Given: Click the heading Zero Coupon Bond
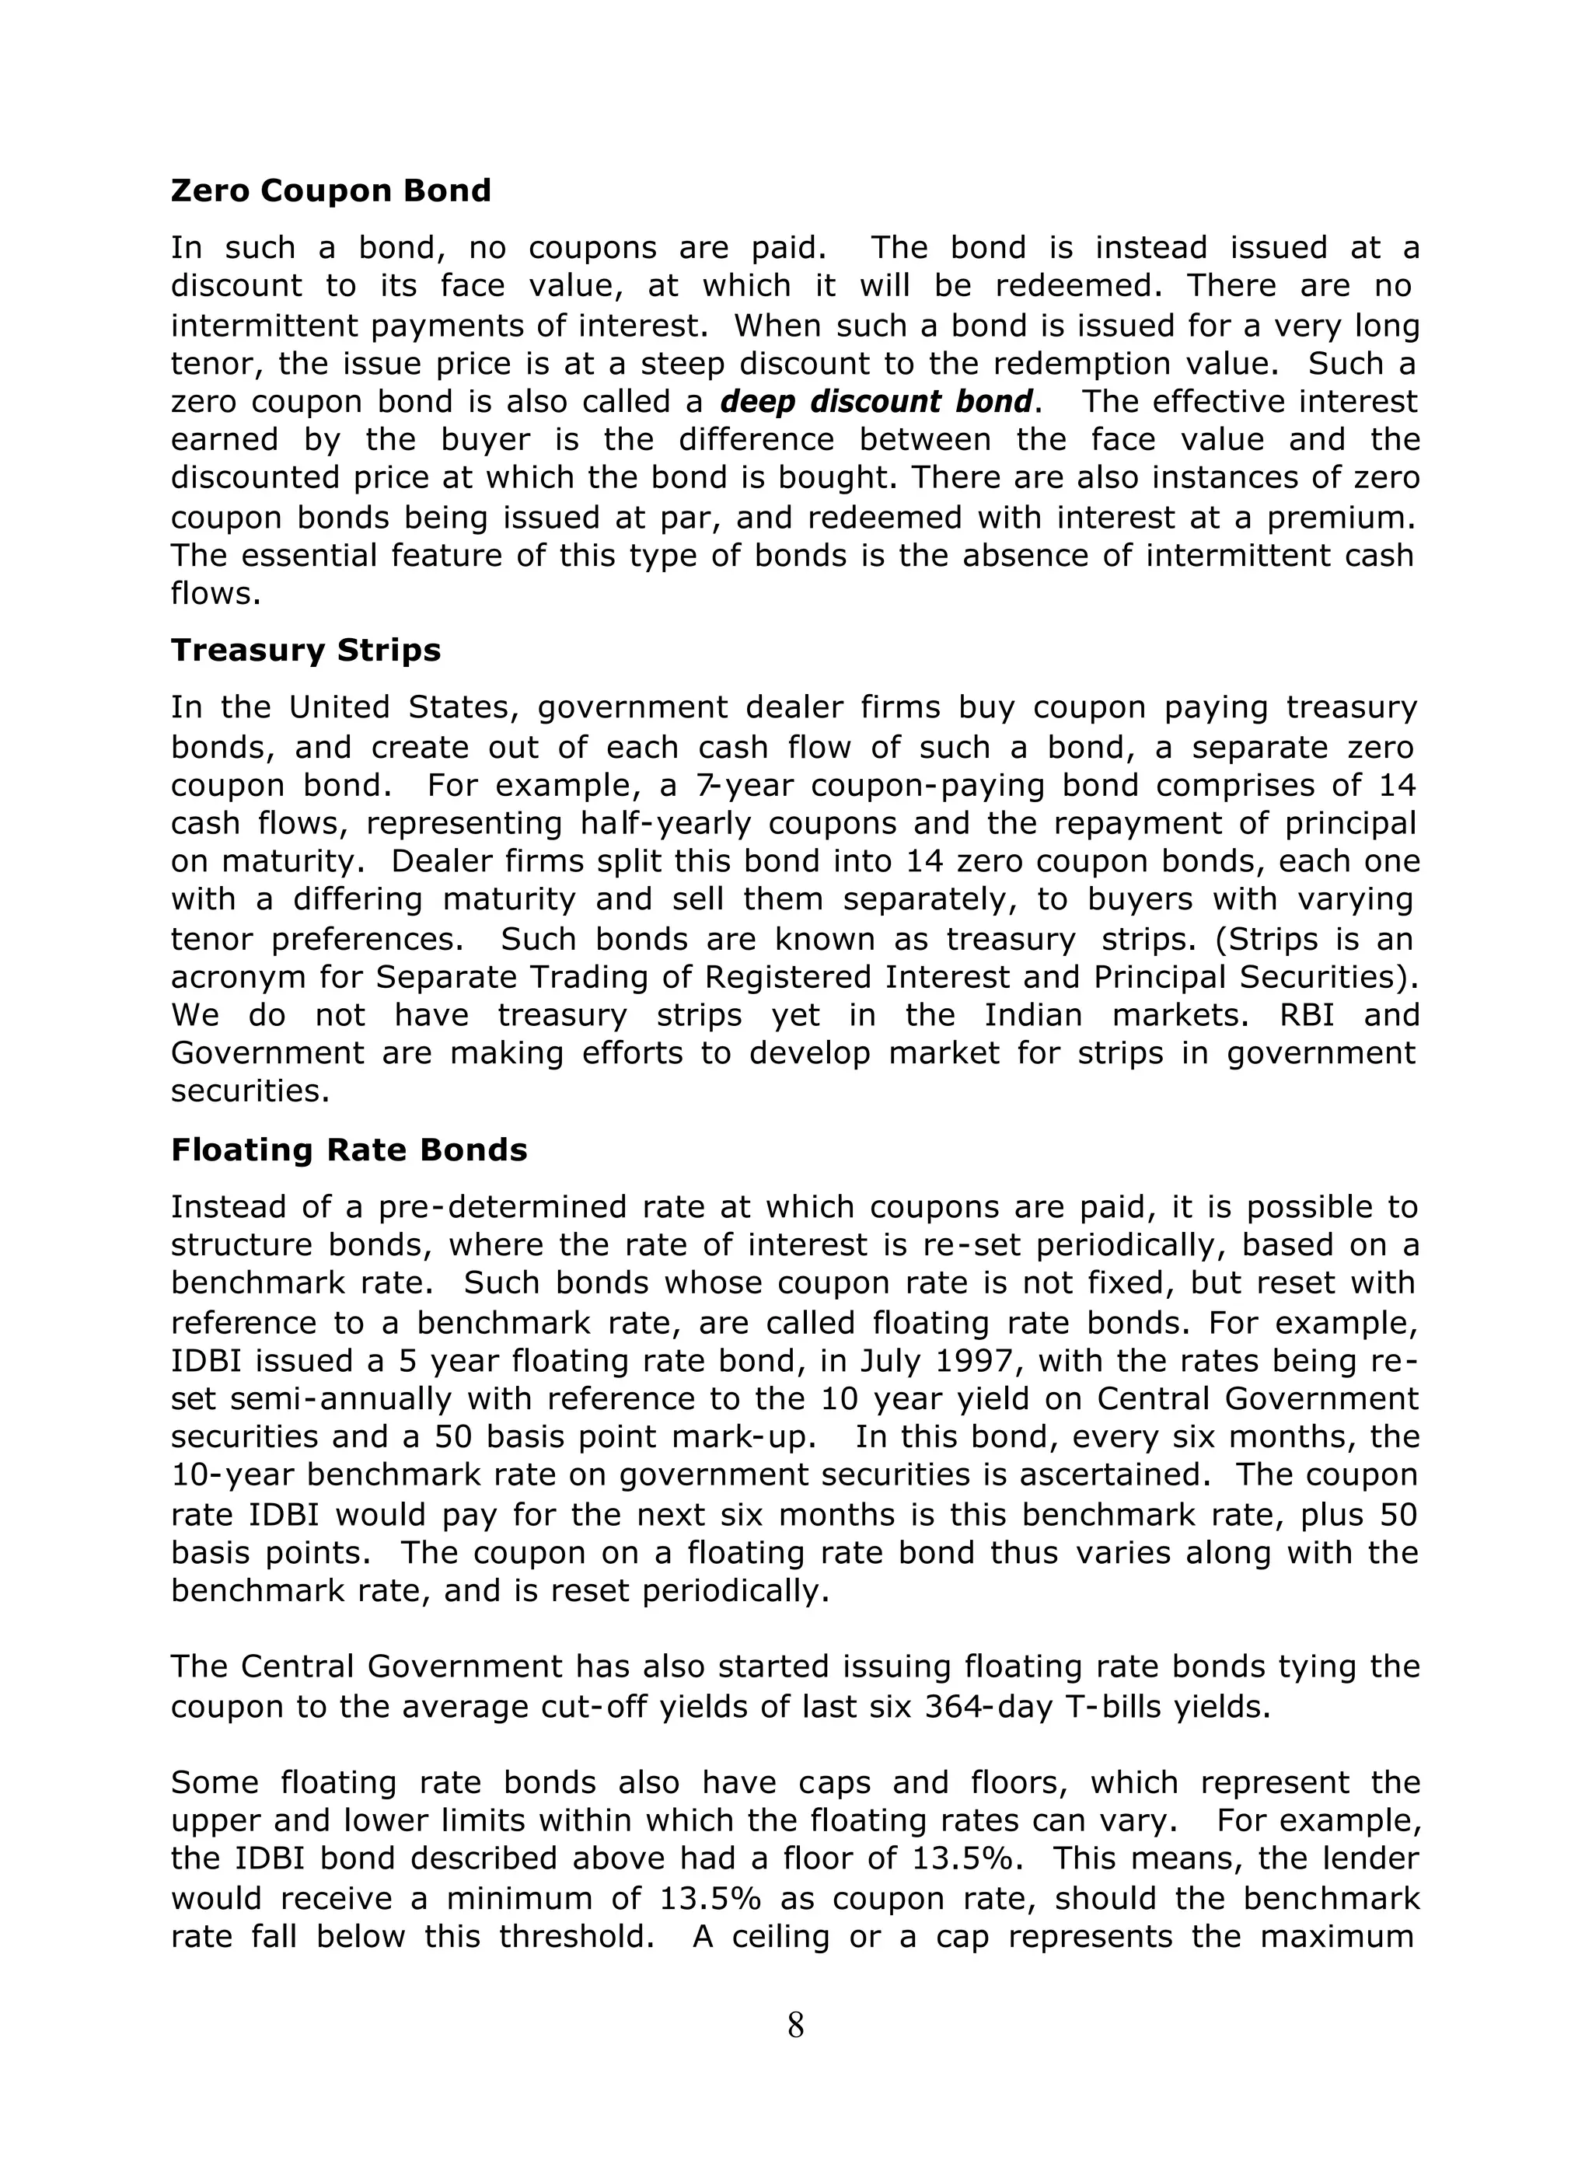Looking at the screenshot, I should tap(330, 190).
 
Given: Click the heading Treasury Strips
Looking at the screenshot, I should tap(305, 651).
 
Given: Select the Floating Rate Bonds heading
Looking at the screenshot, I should tap(349, 1150).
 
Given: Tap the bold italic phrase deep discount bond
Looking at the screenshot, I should tap(876, 402).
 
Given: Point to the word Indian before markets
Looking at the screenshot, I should tap(1034, 1015).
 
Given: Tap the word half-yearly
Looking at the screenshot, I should tap(666, 824).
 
